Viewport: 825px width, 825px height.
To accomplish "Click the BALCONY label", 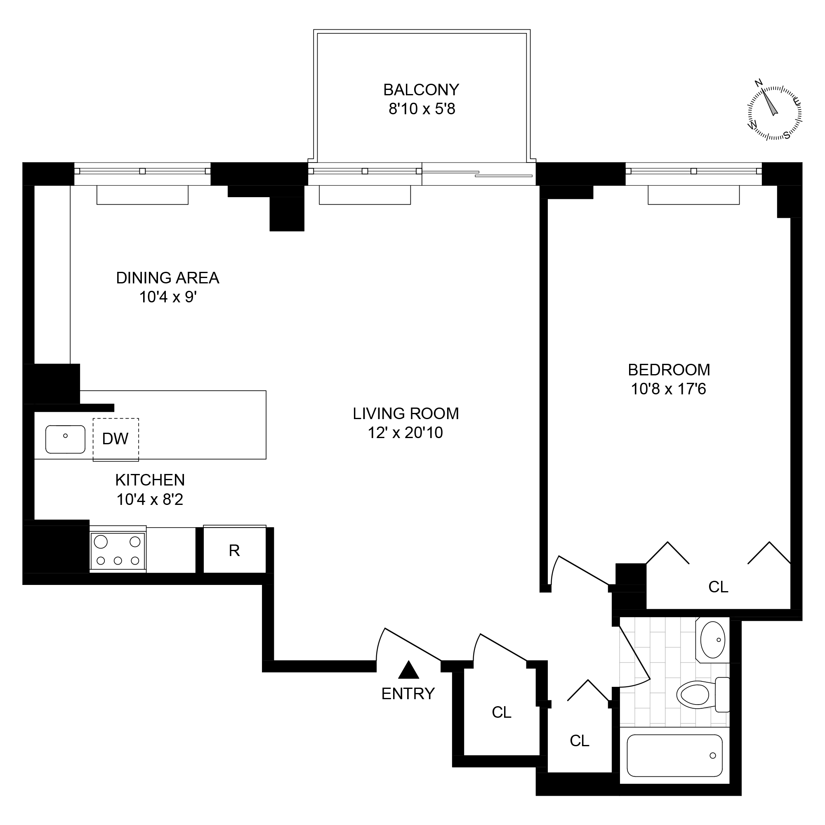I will [421, 90].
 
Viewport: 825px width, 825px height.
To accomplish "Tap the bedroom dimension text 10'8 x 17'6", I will [668, 389].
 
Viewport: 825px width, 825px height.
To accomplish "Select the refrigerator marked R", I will [234, 551].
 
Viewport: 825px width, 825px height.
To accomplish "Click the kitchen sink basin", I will [65, 439].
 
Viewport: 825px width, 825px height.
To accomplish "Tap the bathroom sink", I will [713, 640].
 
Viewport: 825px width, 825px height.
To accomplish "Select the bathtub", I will [674, 755].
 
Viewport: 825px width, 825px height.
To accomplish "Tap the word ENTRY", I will [408, 694].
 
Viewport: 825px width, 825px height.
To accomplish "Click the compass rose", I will [774, 113].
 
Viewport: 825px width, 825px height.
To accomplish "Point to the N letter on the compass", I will [759, 83].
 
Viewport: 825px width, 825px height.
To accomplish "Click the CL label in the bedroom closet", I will [718, 587].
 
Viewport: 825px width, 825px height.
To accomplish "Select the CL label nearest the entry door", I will [501, 712].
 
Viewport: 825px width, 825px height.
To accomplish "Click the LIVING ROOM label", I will [405, 413].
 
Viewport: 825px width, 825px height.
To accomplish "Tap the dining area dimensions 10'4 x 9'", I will [168, 297].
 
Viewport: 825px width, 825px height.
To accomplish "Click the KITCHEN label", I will [150, 480].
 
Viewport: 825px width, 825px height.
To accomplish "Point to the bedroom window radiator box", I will [693, 195].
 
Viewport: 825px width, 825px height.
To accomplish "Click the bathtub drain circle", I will [713, 755].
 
